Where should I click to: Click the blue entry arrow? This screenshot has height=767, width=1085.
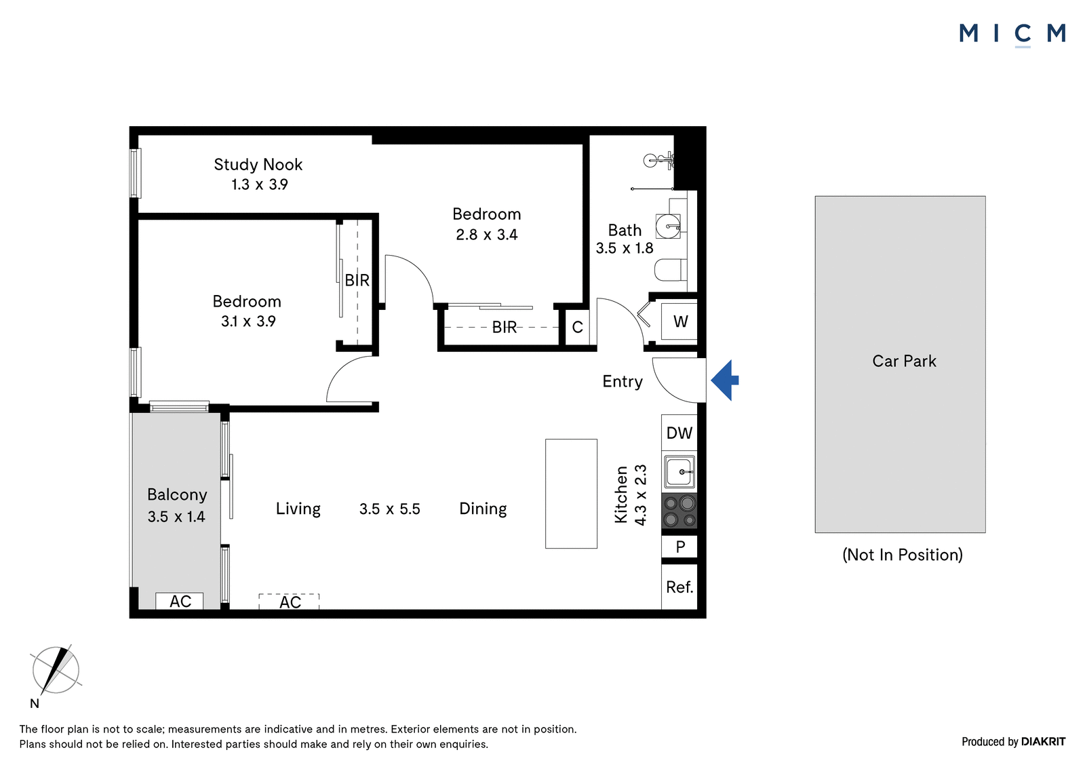[725, 380]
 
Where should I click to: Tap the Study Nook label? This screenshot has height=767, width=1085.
[258, 165]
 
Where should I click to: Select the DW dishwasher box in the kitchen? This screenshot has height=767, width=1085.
[679, 433]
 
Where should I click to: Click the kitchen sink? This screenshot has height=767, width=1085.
[679, 471]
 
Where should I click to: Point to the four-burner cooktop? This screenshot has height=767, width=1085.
[679, 511]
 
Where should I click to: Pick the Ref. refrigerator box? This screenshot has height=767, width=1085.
[679, 587]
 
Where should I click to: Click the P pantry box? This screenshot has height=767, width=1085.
[679, 547]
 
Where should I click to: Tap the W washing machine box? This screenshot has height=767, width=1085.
[679, 321]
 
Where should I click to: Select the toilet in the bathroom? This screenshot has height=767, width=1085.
[671, 270]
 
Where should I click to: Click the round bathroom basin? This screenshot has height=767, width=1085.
[668, 226]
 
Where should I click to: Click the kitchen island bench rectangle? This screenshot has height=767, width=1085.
[571, 494]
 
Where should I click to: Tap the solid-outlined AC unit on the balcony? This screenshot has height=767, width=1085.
[179, 601]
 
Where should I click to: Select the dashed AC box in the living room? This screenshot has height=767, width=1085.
[289, 602]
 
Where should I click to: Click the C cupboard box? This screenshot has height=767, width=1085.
[577, 327]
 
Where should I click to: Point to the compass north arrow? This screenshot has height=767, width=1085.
[56, 671]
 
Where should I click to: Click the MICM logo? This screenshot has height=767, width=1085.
[1012, 34]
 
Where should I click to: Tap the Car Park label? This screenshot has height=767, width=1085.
[904, 361]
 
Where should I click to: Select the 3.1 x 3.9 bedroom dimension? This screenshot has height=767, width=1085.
[248, 321]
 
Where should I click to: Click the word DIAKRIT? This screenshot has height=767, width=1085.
[1044, 742]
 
